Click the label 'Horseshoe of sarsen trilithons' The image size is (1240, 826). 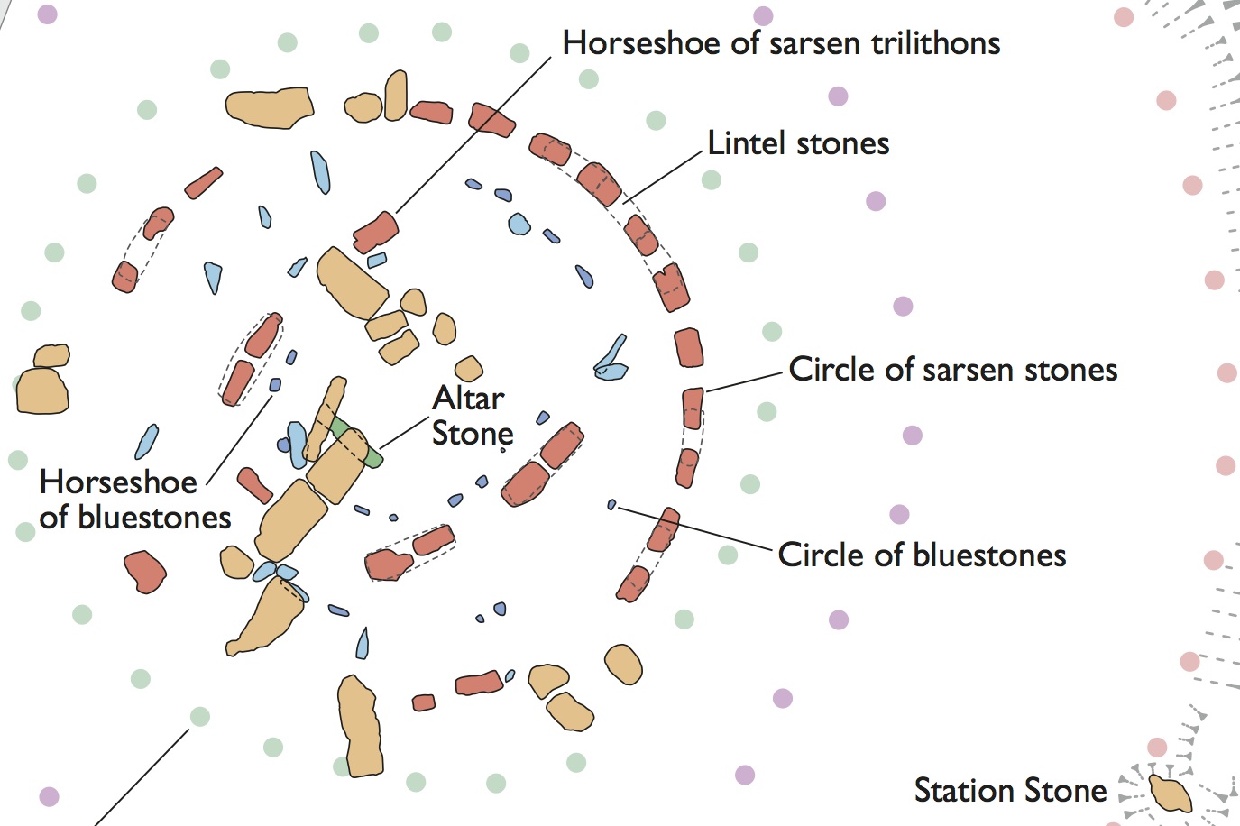(781, 43)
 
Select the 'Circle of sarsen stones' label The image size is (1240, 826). (952, 370)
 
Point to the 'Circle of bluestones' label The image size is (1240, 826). (922, 555)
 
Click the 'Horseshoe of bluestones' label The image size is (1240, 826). (135, 500)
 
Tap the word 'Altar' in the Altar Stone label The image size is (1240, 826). (468, 399)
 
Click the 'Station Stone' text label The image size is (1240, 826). (1010, 791)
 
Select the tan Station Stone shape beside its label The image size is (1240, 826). (1171, 793)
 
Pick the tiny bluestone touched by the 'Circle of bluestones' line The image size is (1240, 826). (611, 505)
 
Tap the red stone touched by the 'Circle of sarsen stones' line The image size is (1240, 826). (693, 408)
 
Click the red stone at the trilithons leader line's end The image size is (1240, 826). (375, 232)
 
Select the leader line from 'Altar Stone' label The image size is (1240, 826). (403, 432)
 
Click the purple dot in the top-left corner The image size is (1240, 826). (47, 14)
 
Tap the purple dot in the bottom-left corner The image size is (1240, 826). (49, 796)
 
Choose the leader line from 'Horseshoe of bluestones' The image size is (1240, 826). (239, 438)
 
